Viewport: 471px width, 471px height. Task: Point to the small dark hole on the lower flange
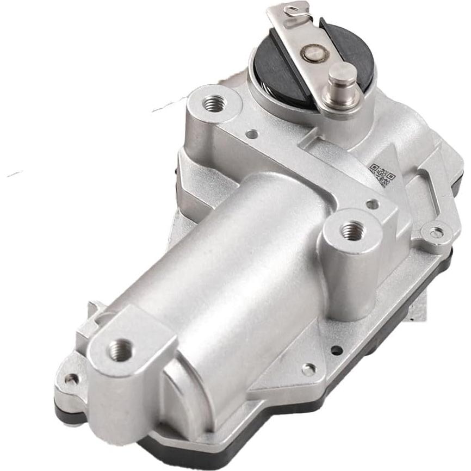[x=337, y=350]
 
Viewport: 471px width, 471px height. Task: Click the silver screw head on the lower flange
[x=309, y=369]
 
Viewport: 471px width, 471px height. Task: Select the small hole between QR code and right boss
[x=372, y=204]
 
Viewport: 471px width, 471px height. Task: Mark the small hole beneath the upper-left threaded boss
[x=251, y=133]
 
